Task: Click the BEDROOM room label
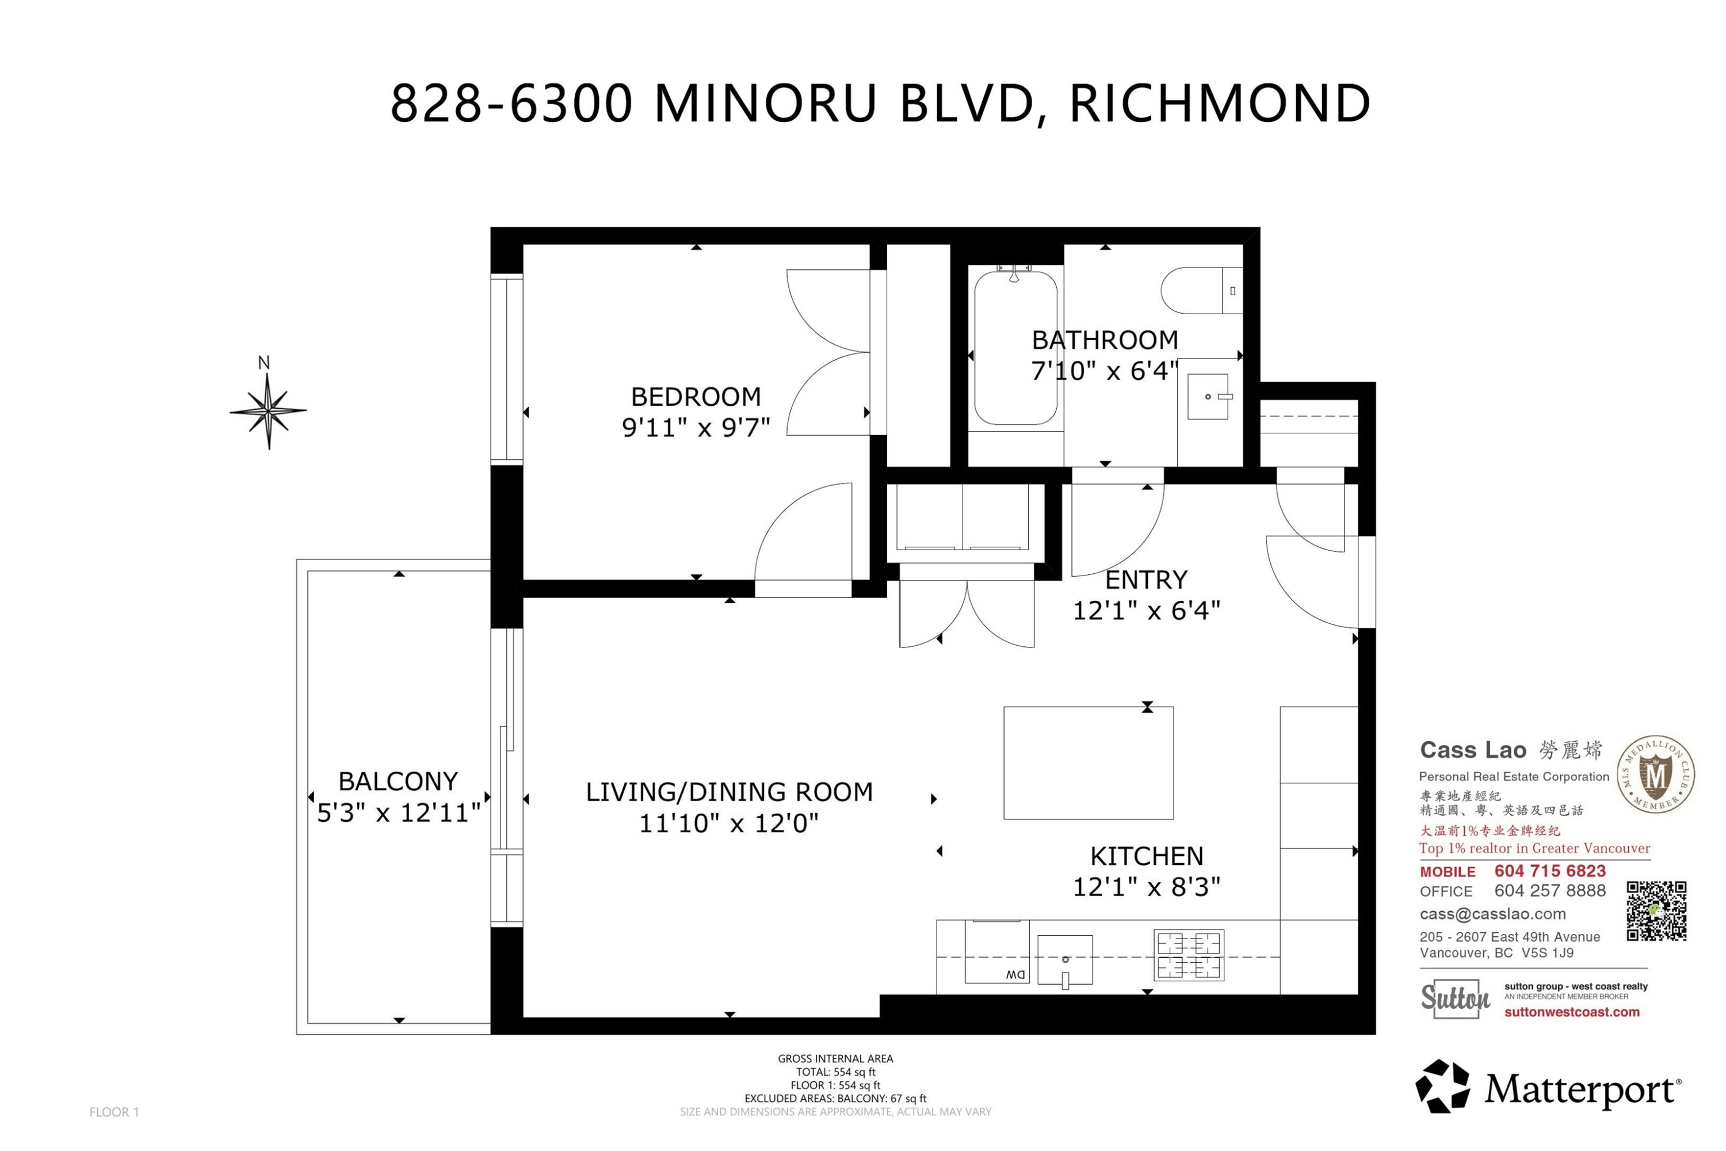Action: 696,397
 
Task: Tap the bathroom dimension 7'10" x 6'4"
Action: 1105,371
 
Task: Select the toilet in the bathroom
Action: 1201,291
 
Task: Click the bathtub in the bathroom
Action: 1015,347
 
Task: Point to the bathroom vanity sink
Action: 1208,397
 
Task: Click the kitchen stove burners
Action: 1189,954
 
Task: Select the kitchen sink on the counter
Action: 1065,960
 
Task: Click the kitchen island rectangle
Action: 1089,763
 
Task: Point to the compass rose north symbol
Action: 268,410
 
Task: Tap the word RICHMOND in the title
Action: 1220,104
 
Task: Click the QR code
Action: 1656,911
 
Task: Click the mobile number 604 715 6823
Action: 1550,871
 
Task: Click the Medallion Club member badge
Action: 1656,775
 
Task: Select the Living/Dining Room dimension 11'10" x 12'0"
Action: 729,824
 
